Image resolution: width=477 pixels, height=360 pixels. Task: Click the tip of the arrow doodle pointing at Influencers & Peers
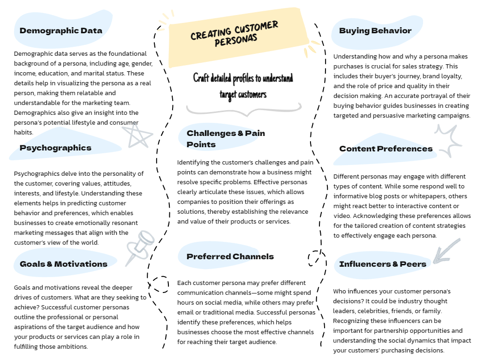(434, 262)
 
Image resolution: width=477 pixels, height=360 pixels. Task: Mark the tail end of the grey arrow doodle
(459, 240)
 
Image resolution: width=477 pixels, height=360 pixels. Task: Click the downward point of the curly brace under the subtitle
(248, 116)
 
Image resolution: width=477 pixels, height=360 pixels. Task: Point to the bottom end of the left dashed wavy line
(163, 348)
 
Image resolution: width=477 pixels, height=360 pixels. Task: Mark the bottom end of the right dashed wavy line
(321, 346)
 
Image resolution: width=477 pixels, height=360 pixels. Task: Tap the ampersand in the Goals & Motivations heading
(49, 264)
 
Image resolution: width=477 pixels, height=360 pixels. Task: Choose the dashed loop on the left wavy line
(159, 284)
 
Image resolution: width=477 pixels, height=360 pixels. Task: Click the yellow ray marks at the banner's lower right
(311, 49)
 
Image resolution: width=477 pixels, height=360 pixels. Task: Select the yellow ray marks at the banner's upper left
(166, 18)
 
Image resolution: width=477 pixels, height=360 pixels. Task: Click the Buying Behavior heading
(375, 31)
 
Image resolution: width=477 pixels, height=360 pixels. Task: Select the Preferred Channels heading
(230, 256)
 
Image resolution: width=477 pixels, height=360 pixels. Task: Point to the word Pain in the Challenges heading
(255, 133)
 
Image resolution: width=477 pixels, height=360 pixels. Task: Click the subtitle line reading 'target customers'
(243, 95)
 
